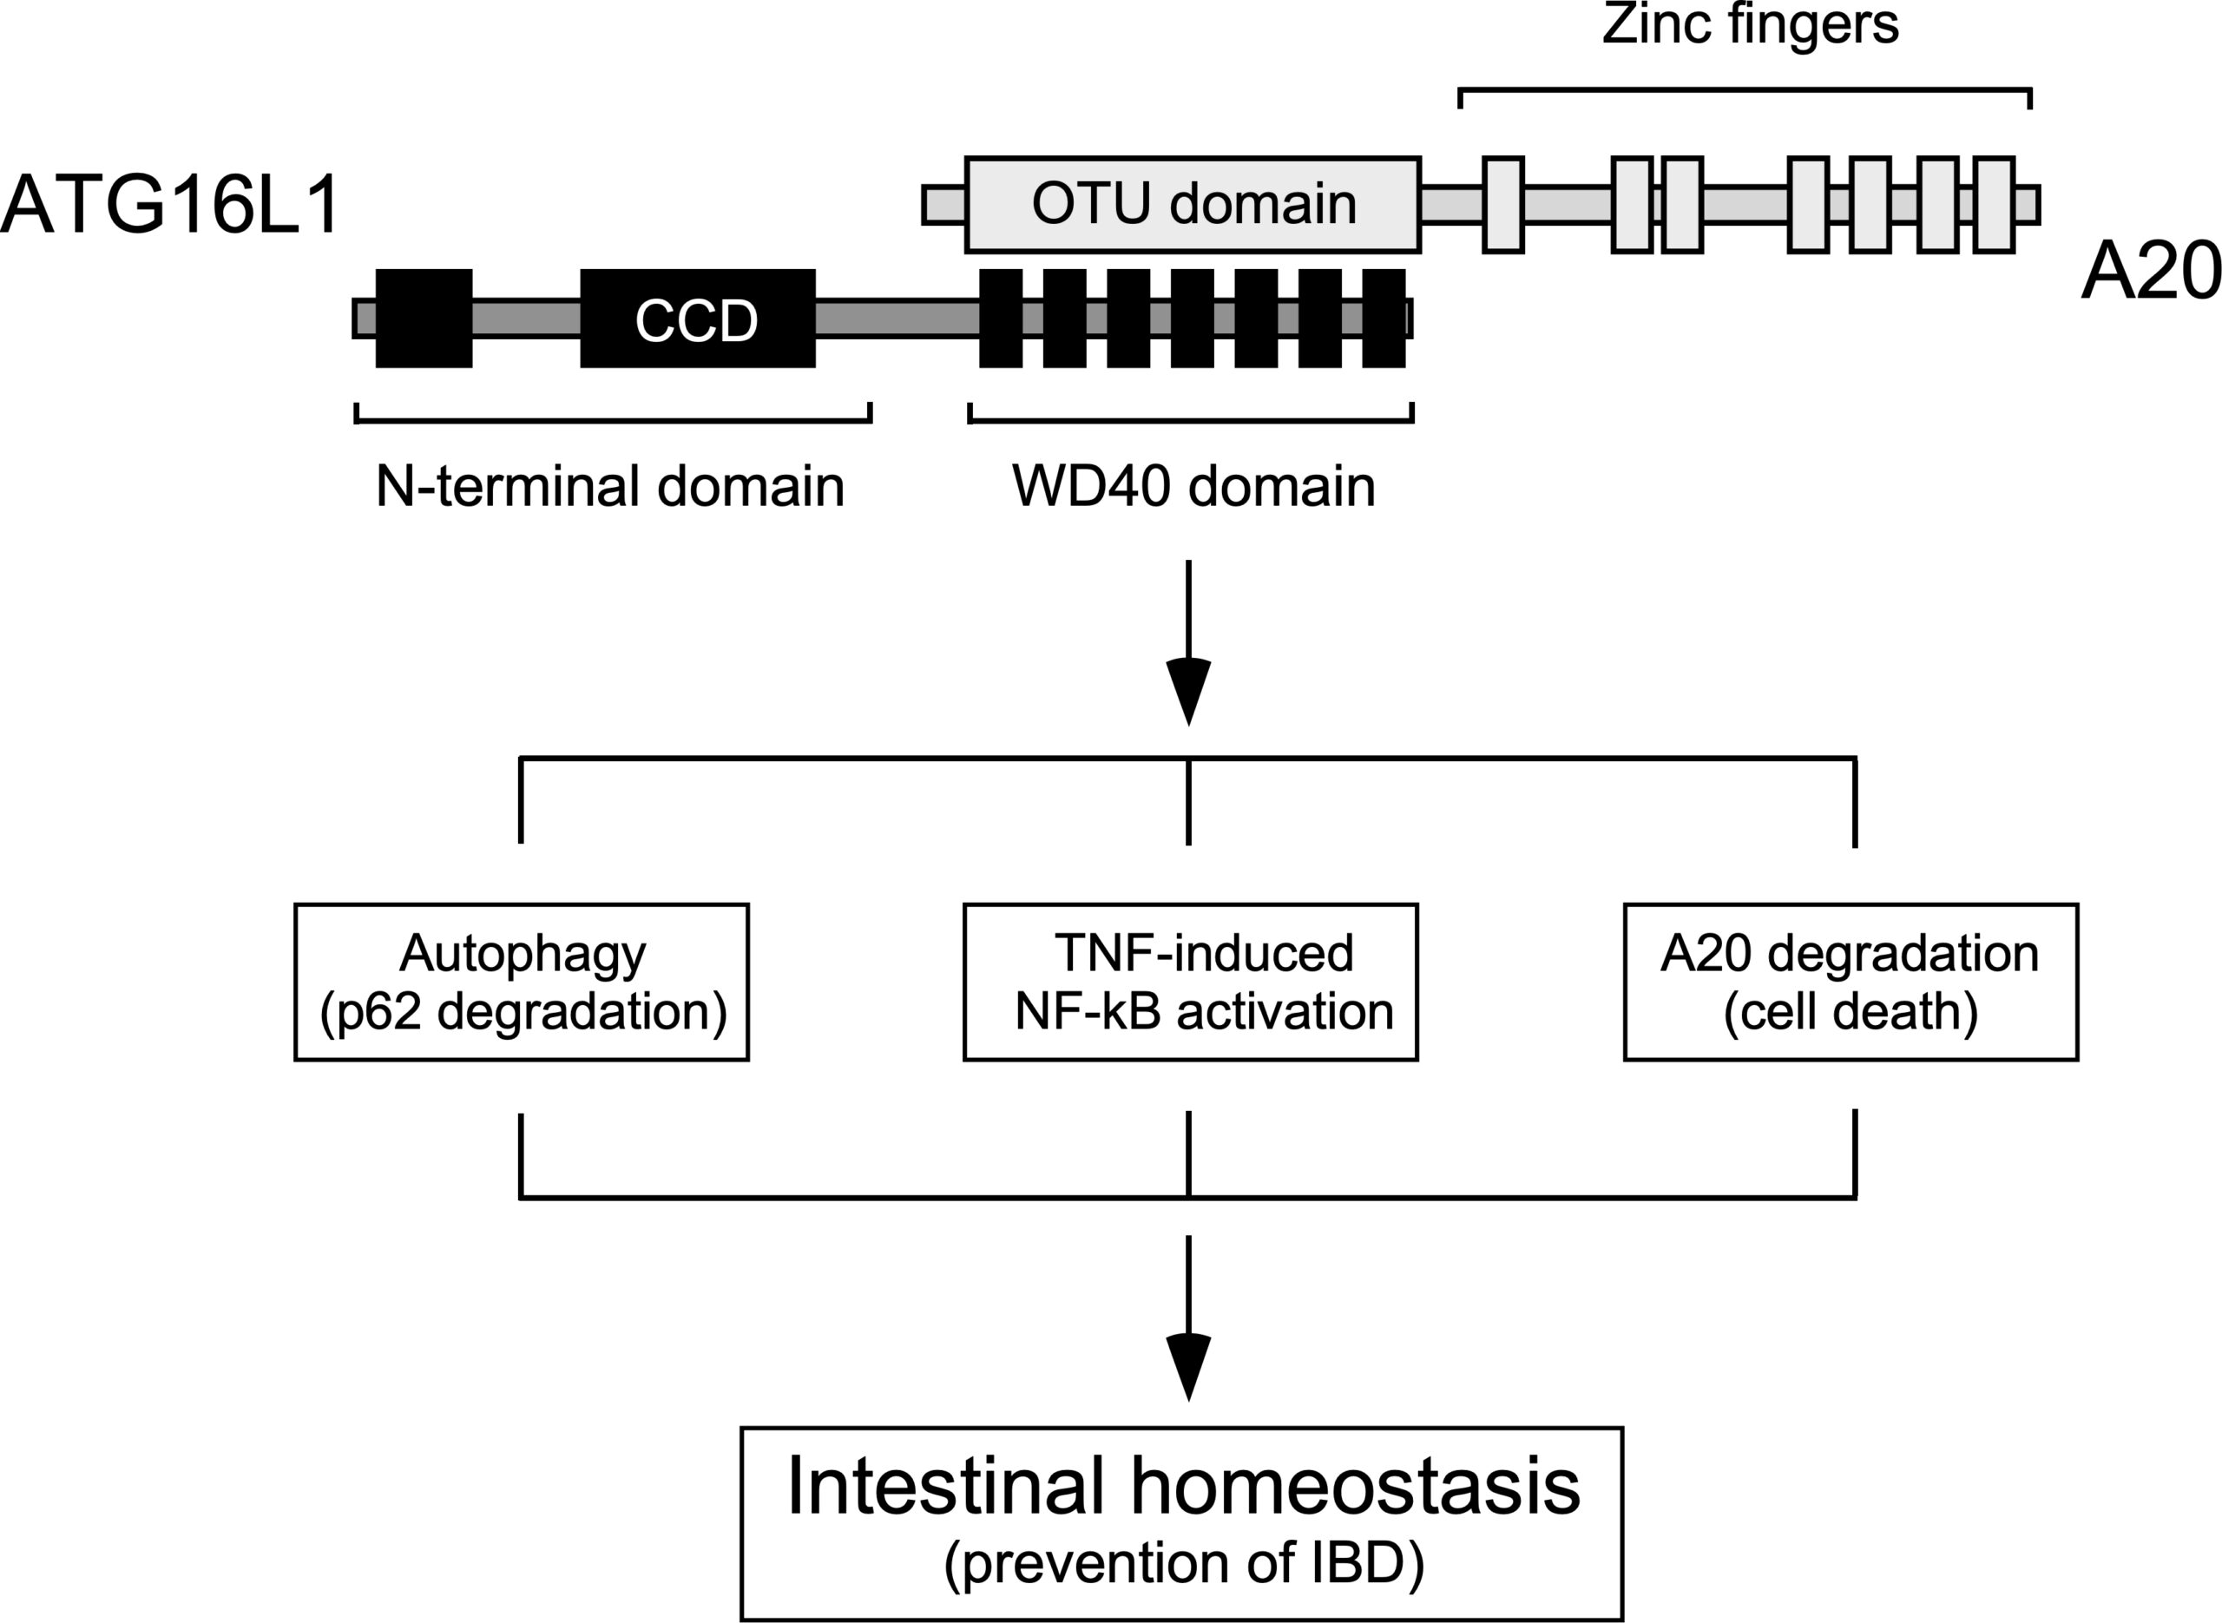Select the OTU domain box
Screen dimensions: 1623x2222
point(1193,204)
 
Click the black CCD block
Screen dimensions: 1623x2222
point(698,319)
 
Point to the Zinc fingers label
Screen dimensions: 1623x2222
point(1750,25)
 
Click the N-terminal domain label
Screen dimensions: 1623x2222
point(610,486)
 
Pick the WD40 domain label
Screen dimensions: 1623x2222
point(1193,486)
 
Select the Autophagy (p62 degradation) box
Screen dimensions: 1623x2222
point(522,982)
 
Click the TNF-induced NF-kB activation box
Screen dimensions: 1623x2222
point(1191,982)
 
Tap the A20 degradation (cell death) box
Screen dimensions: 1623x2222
point(1851,982)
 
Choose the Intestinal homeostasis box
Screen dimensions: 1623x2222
point(1181,1523)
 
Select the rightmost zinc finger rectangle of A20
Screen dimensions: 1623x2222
point(1994,204)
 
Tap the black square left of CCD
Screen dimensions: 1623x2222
point(424,319)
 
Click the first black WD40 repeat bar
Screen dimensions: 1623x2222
point(1001,319)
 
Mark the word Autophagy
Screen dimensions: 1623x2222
point(523,954)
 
